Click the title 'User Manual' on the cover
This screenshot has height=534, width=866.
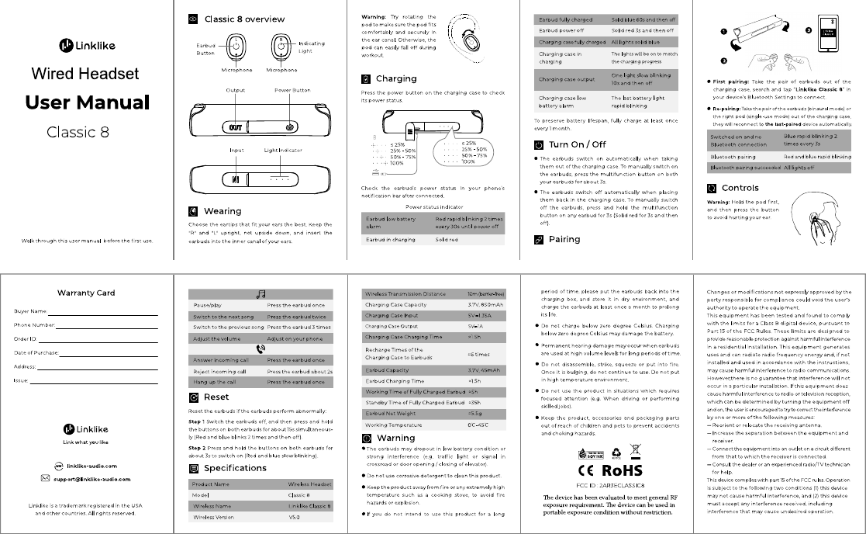pyautogui.click(x=86, y=102)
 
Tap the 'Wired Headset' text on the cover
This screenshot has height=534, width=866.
pyautogui.click(x=86, y=74)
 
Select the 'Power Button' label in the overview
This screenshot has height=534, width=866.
pyautogui.click(x=292, y=90)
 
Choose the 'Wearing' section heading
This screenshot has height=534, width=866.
pyautogui.click(x=223, y=211)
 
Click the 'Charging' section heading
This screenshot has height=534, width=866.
pyautogui.click(x=396, y=78)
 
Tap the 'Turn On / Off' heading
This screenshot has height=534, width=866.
pyautogui.click(x=577, y=144)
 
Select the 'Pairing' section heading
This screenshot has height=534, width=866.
pyautogui.click(x=564, y=239)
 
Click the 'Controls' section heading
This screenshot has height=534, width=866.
pyautogui.click(x=740, y=188)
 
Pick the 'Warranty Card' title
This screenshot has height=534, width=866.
pyautogui.click(x=86, y=293)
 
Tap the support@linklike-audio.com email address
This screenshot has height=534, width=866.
pyautogui.click(x=91, y=480)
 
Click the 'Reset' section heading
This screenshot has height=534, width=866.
pyautogui.click(x=216, y=397)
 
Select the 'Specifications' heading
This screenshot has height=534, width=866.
pyautogui.click(x=235, y=468)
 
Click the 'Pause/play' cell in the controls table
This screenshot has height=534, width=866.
pyautogui.click(x=208, y=306)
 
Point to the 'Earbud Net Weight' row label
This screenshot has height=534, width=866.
pyautogui.click(x=392, y=414)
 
